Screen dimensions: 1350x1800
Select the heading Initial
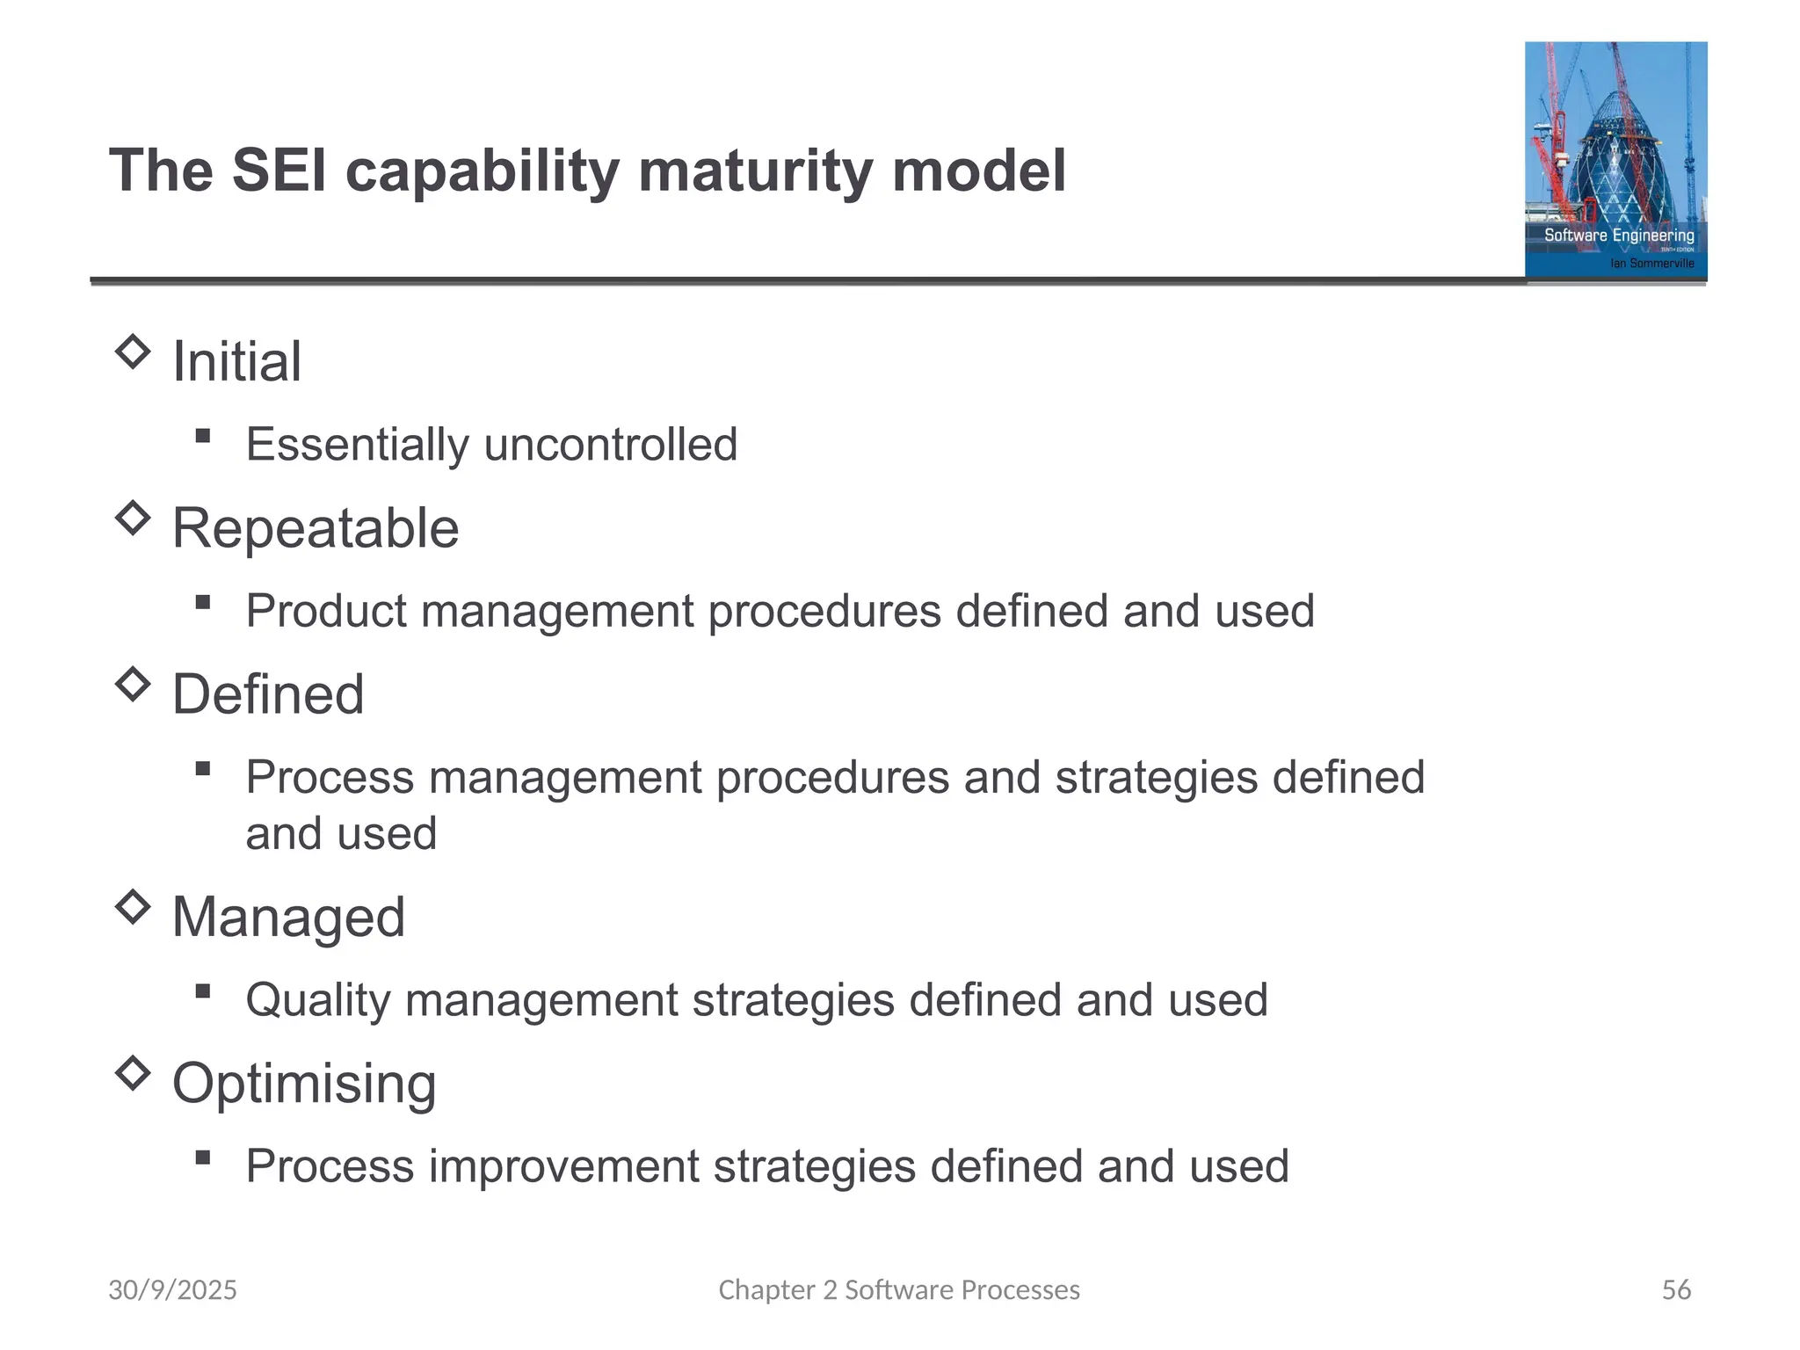tap(236, 361)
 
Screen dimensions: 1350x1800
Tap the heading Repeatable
tap(315, 528)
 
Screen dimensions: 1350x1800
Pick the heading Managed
tap(288, 918)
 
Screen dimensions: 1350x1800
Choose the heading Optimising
tap(304, 1084)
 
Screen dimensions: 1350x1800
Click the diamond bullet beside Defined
tap(133, 685)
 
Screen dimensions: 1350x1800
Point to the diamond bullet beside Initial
tap(133, 352)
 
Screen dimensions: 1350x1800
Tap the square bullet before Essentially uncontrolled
tap(203, 436)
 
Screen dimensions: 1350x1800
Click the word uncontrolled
tap(610, 444)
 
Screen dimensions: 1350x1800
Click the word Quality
tap(318, 1000)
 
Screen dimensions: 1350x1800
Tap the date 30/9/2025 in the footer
tap(172, 1289)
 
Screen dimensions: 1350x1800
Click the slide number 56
tap(1676, 1289)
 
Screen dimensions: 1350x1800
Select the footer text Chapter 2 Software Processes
tap(899, 1289)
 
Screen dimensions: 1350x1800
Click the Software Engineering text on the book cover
tap(1619, 236)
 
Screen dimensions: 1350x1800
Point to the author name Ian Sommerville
tap(1651, 263)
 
